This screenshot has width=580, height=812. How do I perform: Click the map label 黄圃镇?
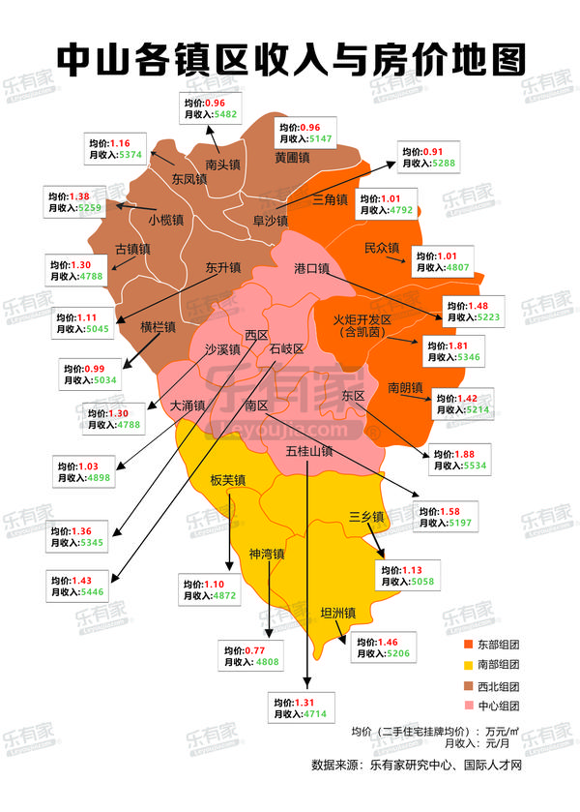(291, 157)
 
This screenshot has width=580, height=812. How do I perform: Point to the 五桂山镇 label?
(309, 450)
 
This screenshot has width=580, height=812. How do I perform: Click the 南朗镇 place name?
(406, 388)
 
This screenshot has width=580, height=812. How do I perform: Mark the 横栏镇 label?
(158, 327)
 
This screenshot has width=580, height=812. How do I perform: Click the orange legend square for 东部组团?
(467, 645)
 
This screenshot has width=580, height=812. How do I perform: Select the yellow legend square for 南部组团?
(467, 665)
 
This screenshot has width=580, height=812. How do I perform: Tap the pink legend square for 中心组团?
(467, 706)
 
